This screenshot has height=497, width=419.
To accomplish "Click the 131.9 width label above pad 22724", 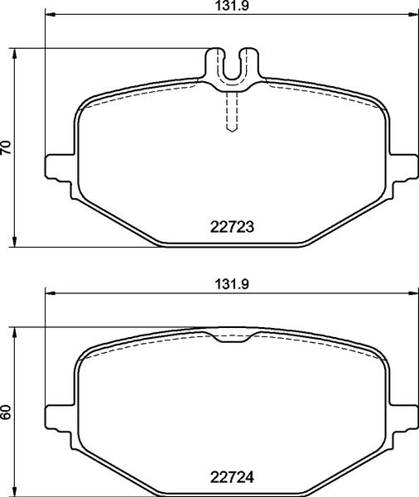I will pyautogui.click(x=230, y=282).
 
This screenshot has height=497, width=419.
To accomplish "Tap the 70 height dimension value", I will pyautogui.click(x=7, y=147).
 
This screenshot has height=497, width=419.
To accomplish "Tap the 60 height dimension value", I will pyautogui.click(x=7, y=412).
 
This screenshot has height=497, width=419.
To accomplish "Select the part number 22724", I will pyautogui.click(x=231, y=478).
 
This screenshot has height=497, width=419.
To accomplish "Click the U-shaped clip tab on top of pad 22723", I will pyautogui.click(x=232, y=66).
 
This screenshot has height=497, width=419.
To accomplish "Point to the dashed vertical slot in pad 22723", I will pyautogui.click(x=232, y=110).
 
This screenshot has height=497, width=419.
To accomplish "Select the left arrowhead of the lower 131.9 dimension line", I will pyautogui.click(x=47, y=292).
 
